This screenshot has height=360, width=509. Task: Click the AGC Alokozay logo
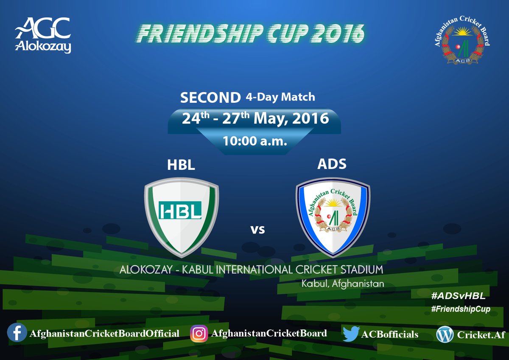pos(43,36)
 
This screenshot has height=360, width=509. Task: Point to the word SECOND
pos(210,98)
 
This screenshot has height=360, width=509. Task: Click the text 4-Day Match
pos(280,97)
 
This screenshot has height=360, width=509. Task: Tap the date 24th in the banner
pos(196,118)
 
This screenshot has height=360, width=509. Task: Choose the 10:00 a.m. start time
pos(255,141)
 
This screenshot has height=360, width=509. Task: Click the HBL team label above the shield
pos(181,165)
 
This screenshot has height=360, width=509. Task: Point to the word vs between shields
pos(257,230)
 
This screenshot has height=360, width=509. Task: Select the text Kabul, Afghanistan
pos(343,283)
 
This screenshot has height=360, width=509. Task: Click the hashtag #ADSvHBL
pos(458,295)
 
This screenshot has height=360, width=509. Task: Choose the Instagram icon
pos(199,333)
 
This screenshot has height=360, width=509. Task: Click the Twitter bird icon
pos(351,334)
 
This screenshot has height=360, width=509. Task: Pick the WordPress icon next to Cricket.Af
pos(445,335)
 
